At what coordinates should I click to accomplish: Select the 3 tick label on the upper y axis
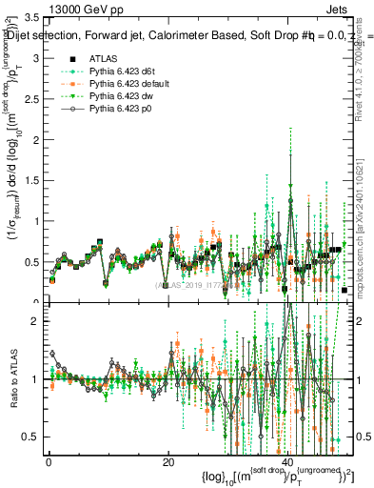(x=36, y=58)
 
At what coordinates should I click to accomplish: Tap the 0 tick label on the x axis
(x=49, y=463)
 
